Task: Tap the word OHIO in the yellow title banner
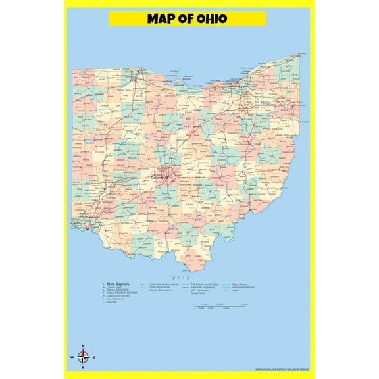click(212, 18)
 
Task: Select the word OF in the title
click(186, 18)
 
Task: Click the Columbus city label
click(159, 178)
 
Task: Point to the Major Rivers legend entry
click(238, 284)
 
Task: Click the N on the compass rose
click(83, 346)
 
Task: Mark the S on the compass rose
click(83, 368)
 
